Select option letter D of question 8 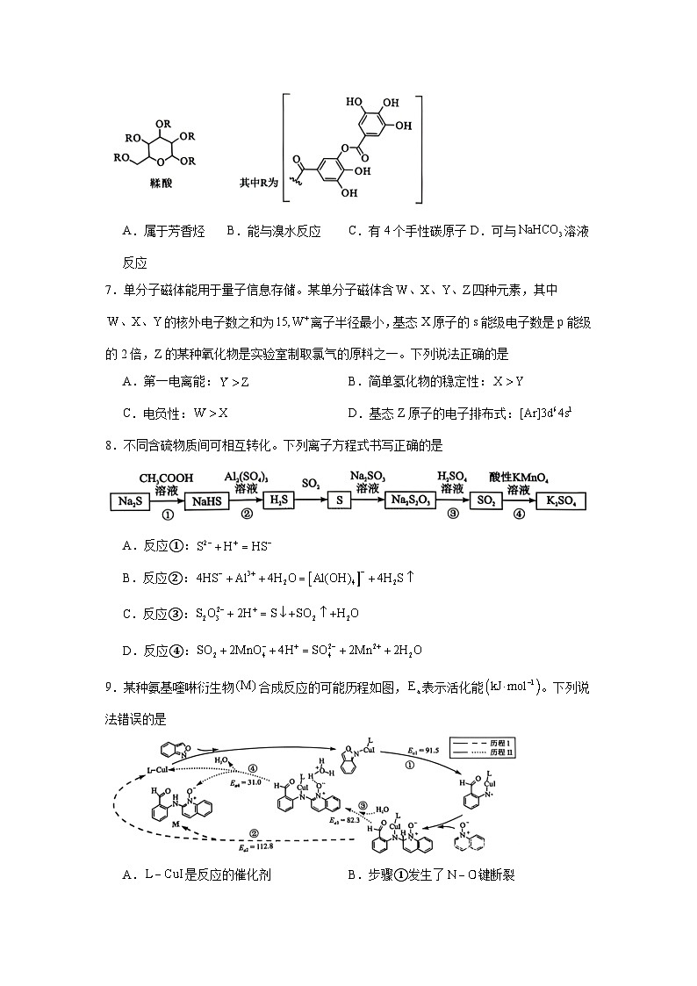pyautogui.click(x=127, y=650)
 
